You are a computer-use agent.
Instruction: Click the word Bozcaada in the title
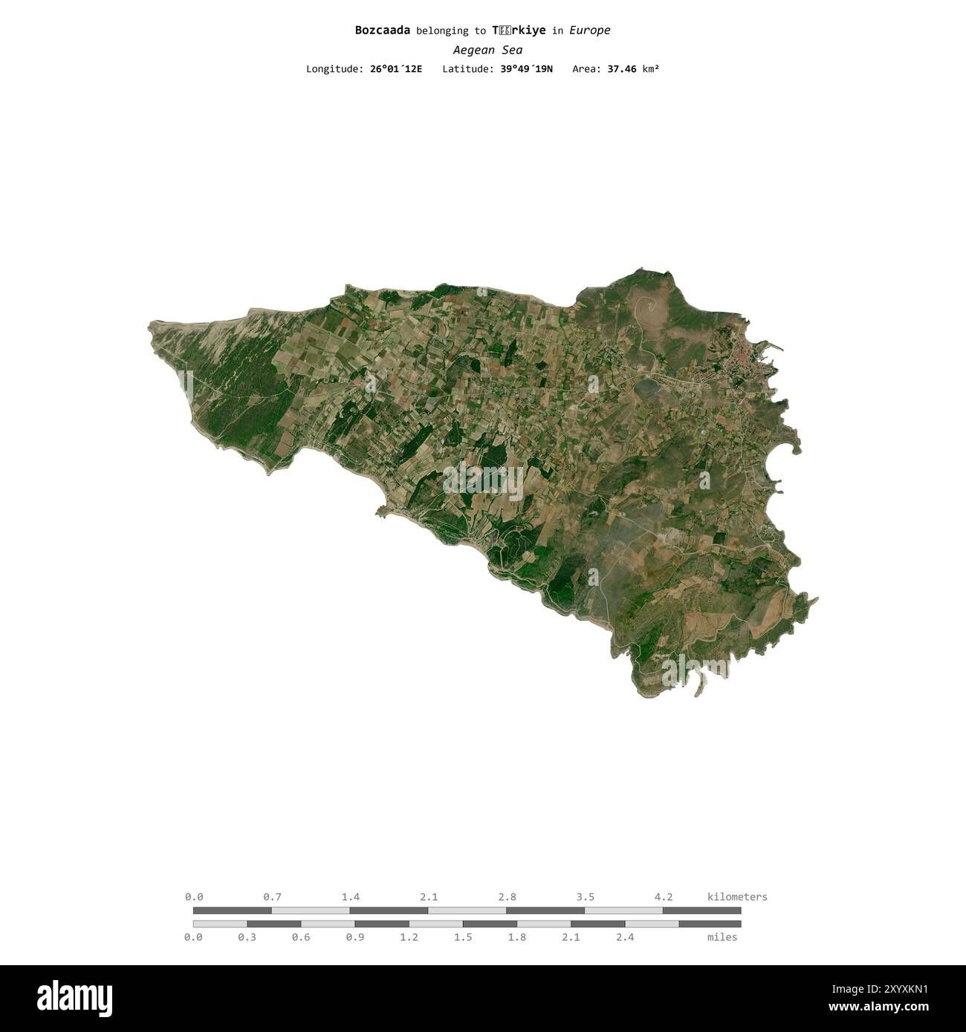tap(383, 30)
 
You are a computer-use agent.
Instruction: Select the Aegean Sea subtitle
tap(487, 50)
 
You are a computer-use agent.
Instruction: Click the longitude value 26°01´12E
tap(396, 69)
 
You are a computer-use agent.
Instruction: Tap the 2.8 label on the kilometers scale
tap(508, 897)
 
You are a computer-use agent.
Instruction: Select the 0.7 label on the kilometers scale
tap(272, 897)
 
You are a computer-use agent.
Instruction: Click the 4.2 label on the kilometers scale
tap(664, 897)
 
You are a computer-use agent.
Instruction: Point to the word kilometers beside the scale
tap(737, 897)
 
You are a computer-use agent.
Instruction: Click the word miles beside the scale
tap(722, 937)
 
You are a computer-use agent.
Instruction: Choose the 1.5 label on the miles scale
tap(463, 937)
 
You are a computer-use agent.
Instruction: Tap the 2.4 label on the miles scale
tap(625, 937)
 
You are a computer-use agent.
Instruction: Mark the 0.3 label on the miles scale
tap(247, 937)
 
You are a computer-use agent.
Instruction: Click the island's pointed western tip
tap(151, 325)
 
